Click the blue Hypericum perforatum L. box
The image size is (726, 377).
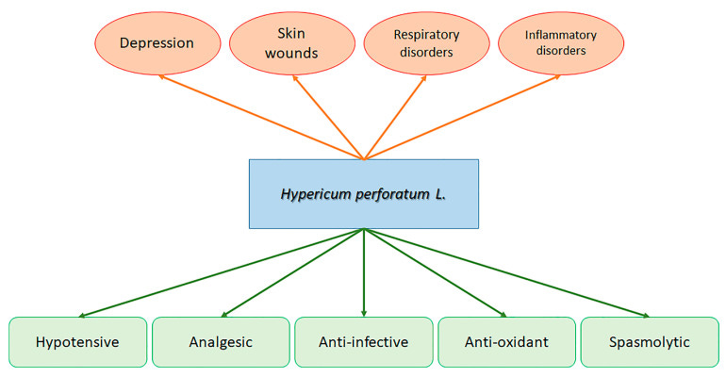point(363,194)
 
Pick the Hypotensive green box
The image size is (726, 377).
point(77,341)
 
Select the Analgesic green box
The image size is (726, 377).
point(221,341)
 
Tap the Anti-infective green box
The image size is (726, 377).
point(364,341)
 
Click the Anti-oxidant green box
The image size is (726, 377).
point(506,341)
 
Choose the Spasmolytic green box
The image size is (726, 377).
point(649,341)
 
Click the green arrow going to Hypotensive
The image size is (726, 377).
point(222,272)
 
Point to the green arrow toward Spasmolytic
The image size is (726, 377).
point(506,272)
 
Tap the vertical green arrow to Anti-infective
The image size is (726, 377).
point(364,273)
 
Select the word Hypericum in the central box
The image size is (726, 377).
point(317,194)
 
